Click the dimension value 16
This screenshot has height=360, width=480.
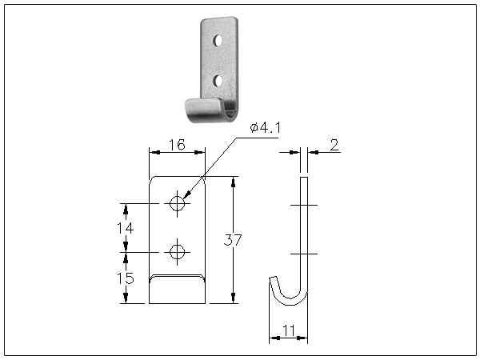178,145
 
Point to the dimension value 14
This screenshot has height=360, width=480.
124,228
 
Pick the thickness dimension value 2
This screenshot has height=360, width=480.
334,145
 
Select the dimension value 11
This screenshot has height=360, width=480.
289,330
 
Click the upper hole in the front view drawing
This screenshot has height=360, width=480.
178,204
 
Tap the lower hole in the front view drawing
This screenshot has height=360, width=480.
178,253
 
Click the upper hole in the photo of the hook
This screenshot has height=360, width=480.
217,39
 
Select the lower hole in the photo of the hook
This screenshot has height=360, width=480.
217,80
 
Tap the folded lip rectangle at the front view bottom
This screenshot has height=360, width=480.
178,289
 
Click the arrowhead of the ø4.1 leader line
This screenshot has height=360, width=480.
185,196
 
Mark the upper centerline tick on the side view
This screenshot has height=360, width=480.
303,206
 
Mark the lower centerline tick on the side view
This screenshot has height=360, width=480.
303,254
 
